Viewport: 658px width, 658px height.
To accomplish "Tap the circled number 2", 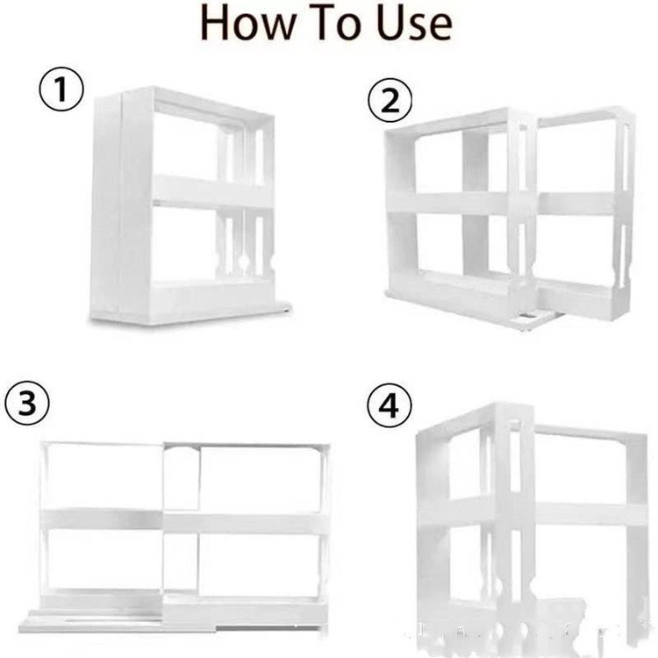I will point(390,103).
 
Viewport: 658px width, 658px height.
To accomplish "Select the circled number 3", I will point(27,404).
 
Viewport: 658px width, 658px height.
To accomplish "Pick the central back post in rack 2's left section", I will point(474,211).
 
